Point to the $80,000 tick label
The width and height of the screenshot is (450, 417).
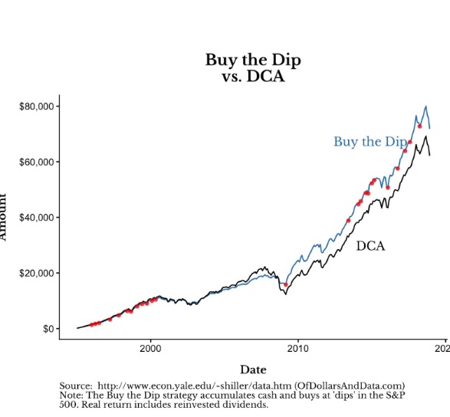(38, 106)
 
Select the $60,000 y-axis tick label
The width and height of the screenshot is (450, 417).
(38, 162)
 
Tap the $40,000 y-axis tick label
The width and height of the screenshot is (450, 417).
(38, 218)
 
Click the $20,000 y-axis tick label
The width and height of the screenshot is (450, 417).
(38, 273)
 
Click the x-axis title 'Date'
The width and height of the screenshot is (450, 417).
(253, 370)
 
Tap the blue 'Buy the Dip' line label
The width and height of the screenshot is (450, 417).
(370, 142)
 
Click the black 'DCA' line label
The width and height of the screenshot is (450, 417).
(370, 246)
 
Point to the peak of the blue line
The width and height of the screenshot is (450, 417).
(425, 107)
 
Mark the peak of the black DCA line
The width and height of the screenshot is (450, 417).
(425, 137)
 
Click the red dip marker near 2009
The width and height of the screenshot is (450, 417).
(286, 284)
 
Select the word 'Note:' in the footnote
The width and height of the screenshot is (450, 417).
(72, 395)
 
